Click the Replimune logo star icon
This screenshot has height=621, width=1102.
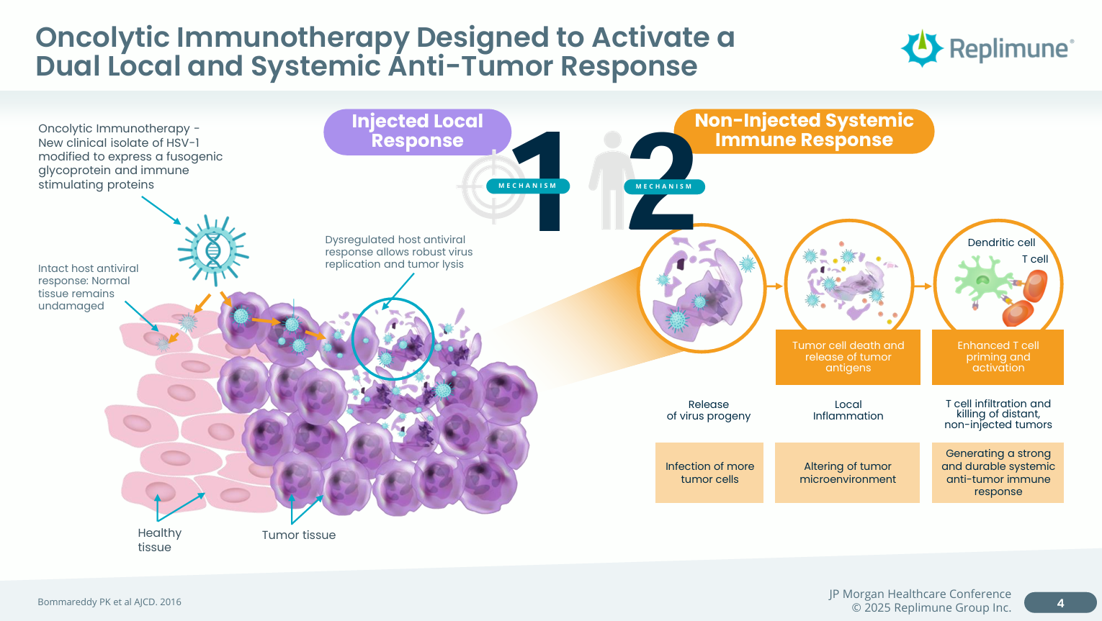click(921, 48)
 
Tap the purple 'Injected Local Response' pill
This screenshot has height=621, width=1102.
click(417, 131)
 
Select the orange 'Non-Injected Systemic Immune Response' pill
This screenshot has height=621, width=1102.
click(804, 130)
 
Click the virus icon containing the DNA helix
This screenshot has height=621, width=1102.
click(213, 250)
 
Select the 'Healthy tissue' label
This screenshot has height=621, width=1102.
click(159, 540)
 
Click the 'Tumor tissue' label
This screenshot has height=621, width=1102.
click(298, 535)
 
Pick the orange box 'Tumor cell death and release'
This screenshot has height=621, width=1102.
click(848, 357)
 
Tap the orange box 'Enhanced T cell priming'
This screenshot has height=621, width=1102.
click(998, 357)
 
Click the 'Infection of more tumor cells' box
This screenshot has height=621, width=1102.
click(709, 473)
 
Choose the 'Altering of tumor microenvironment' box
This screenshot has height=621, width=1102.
click(847, 473)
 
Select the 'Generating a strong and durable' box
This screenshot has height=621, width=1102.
click(998, 473)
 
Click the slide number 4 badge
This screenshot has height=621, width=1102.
click(1060, 603)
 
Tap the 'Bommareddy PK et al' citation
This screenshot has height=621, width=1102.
click(109, 602)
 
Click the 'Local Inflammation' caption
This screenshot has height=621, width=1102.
click(848, 410)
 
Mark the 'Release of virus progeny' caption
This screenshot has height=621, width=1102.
click(709, 410)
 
